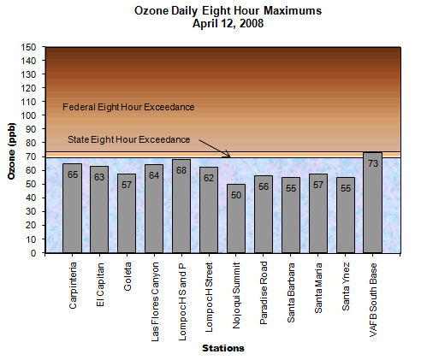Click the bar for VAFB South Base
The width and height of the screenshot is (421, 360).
pos(373,205)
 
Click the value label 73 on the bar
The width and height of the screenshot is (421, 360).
pos(373,163)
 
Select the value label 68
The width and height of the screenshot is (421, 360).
pos(181,170)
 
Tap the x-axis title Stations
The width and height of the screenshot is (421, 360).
pos(222,348)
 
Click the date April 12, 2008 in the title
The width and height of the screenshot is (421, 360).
pos(228,25)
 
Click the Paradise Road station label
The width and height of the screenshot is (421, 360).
pos(264,290)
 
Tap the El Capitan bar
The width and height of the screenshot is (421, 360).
pos(100,210)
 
